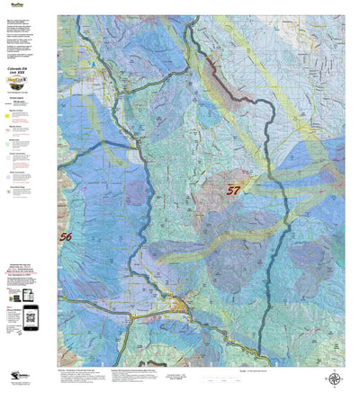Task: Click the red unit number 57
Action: click(x=233, y=190)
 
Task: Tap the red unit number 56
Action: click(x=66, y=237)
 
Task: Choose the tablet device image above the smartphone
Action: click(x=27, y=295)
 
